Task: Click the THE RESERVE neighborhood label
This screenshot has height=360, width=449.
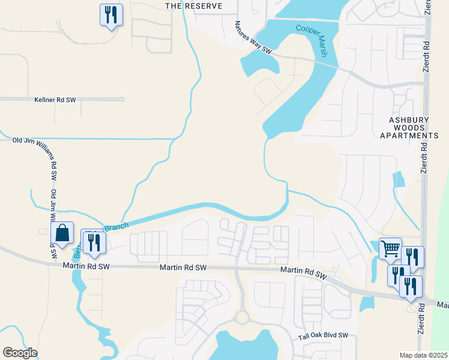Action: pyautogui.click(x=193, y=6)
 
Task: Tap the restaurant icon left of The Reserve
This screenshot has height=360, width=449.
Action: pyautogui.click(x=110, y=14)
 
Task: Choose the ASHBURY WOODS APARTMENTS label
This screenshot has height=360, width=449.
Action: pyautogui.click(x=409, y=128)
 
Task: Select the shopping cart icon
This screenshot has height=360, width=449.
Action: pyautogui.click(x=390, y=248)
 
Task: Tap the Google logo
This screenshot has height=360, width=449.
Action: pyautogui.click(x=20, y=353)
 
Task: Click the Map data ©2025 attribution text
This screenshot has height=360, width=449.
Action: pyautogui.click(x=424, y=355)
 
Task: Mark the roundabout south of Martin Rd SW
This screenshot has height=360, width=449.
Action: pyautogui.click(x=242, y=316)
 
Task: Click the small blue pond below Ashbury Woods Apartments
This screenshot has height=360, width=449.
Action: pyautogui.click(x=397, y=181)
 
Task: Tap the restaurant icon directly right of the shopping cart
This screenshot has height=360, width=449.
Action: pyautogui.click(x=413, y=256)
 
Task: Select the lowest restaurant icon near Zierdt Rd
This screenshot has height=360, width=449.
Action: pyautogui.click(x=411, y=286)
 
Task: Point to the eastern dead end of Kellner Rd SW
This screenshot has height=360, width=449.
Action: pyautogui.click(x=122, y=99)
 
